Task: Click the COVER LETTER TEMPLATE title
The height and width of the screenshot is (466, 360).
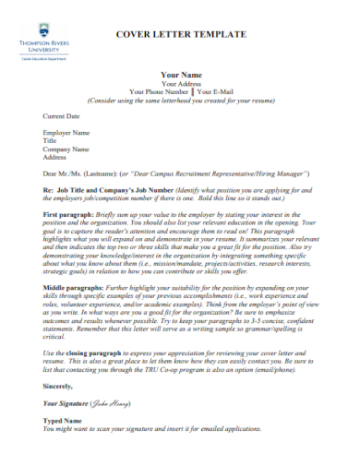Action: pyautogui.click(x=180, y=34)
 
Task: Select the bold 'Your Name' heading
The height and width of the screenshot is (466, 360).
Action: pyautogui.click(x=181, y=74)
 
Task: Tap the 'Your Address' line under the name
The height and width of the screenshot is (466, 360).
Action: pyautogui.click(x=181, y=83)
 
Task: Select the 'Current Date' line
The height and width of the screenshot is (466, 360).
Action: pyautogui.click(x=62, y=116)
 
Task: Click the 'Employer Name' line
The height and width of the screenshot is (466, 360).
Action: pyautogui.click(x=66, y=133)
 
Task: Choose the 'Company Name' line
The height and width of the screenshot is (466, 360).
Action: pyautogui.click(x=66, y=149)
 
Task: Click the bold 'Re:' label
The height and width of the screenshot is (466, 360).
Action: pyautogui.click(x=50, y=189)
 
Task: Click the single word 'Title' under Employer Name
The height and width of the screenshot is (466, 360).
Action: pyautogui.click(x=51, y=140)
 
